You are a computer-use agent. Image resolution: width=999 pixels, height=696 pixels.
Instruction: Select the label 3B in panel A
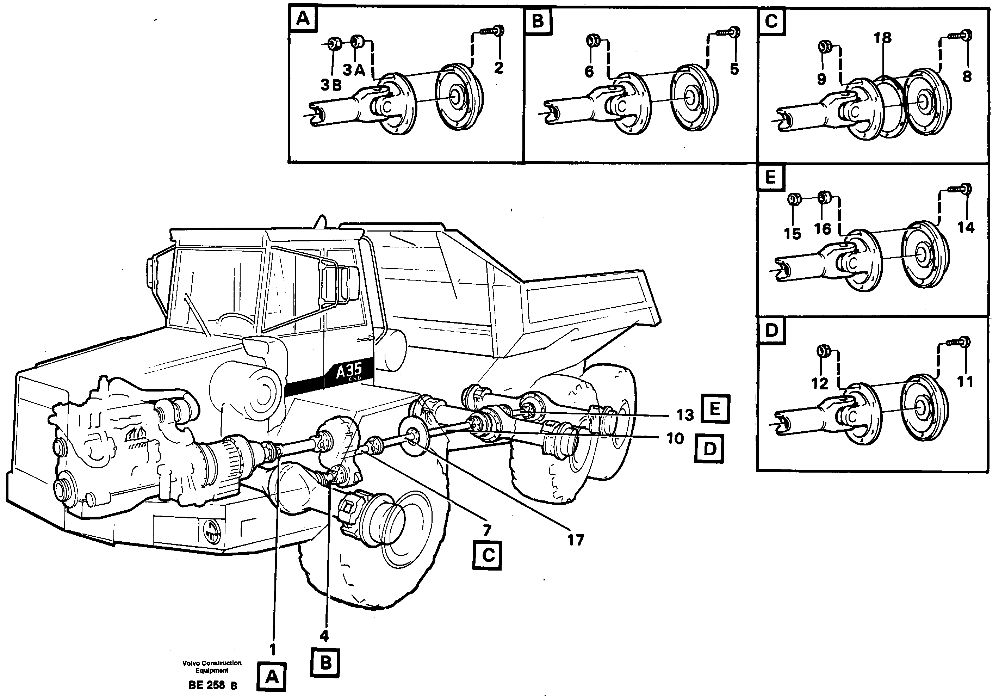click(x=331, y=86)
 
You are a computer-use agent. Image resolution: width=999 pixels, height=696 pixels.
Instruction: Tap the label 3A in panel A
click(x=354, y=70)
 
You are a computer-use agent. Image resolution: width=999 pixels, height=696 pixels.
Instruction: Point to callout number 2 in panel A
click(x=499, y=68)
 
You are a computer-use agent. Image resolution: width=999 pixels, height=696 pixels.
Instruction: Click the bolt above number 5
click(x=730, y=32)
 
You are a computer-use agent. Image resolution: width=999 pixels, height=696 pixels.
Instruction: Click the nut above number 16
click(x=823, y=198)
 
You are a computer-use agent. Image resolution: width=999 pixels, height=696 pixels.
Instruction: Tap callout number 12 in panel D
click(x=820, y=383)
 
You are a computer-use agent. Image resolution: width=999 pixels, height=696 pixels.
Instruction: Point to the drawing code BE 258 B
click(x=213, y=685)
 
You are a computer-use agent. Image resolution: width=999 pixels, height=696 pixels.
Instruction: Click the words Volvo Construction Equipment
click(x=212, y=667)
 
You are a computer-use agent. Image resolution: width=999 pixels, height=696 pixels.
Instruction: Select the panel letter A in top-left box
click(x=303, y=20)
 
